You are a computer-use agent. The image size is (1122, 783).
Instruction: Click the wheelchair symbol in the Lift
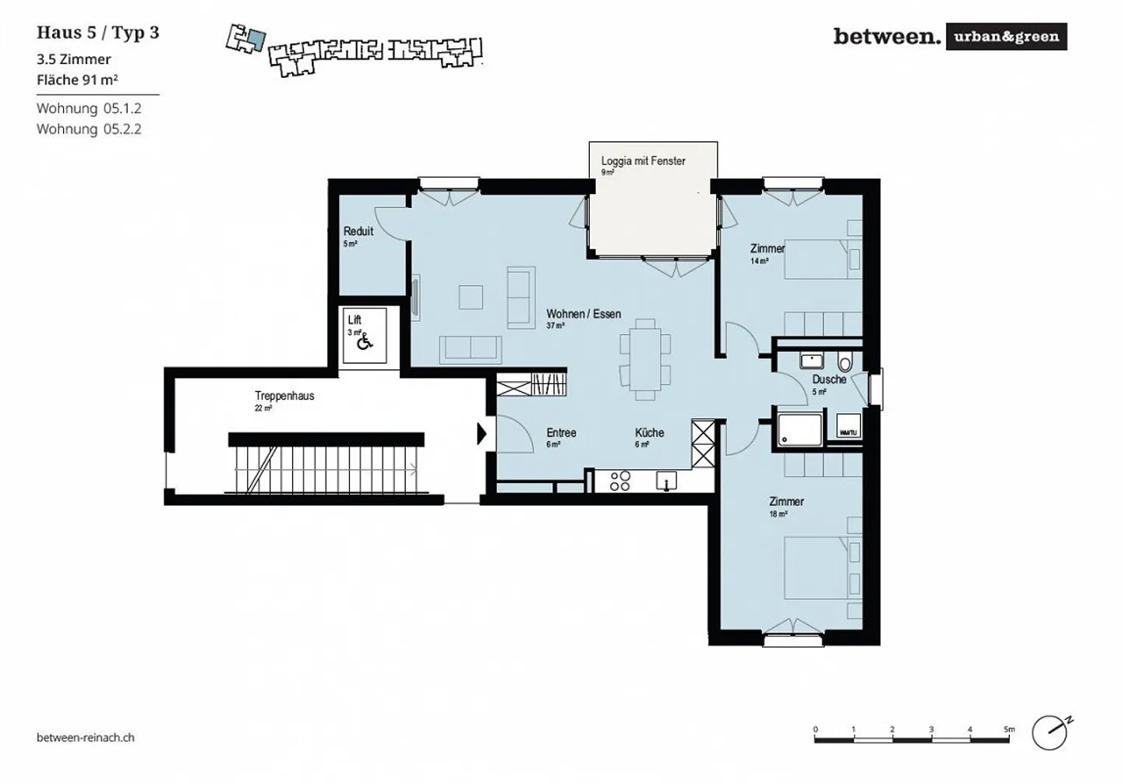(364, 341)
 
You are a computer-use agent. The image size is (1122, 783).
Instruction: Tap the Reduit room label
(358, 231)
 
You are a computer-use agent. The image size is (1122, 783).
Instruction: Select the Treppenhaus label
(284, 396)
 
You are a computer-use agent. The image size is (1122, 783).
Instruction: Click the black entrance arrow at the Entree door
(482, 434)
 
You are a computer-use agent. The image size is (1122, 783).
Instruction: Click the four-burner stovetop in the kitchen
(620, 481)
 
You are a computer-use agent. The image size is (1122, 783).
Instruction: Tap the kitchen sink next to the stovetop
(666, 481)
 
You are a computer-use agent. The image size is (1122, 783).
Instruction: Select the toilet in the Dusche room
(845, 363)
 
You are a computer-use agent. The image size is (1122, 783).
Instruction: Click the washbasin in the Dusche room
(812, 362)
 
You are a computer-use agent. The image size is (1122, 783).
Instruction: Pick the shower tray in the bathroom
(799, 430)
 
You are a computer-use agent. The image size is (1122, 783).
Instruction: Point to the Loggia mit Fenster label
(643, 161)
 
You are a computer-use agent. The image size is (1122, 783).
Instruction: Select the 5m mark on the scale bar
(1009, 731)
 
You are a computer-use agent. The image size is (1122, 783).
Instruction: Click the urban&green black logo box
(1006, 37)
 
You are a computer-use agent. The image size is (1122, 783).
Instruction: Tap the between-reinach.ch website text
(86, 737)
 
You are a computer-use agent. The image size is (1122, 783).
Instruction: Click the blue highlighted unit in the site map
(256, 41)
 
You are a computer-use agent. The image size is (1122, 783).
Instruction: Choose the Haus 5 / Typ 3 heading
(98, 33)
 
